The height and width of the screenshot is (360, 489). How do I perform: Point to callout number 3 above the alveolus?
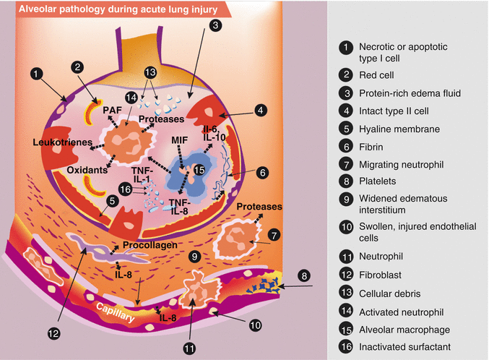tap(215, 25)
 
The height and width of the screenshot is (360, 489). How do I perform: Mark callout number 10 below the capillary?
tap(255, 325)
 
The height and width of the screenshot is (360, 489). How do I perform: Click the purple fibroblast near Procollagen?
tap(94, 248)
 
